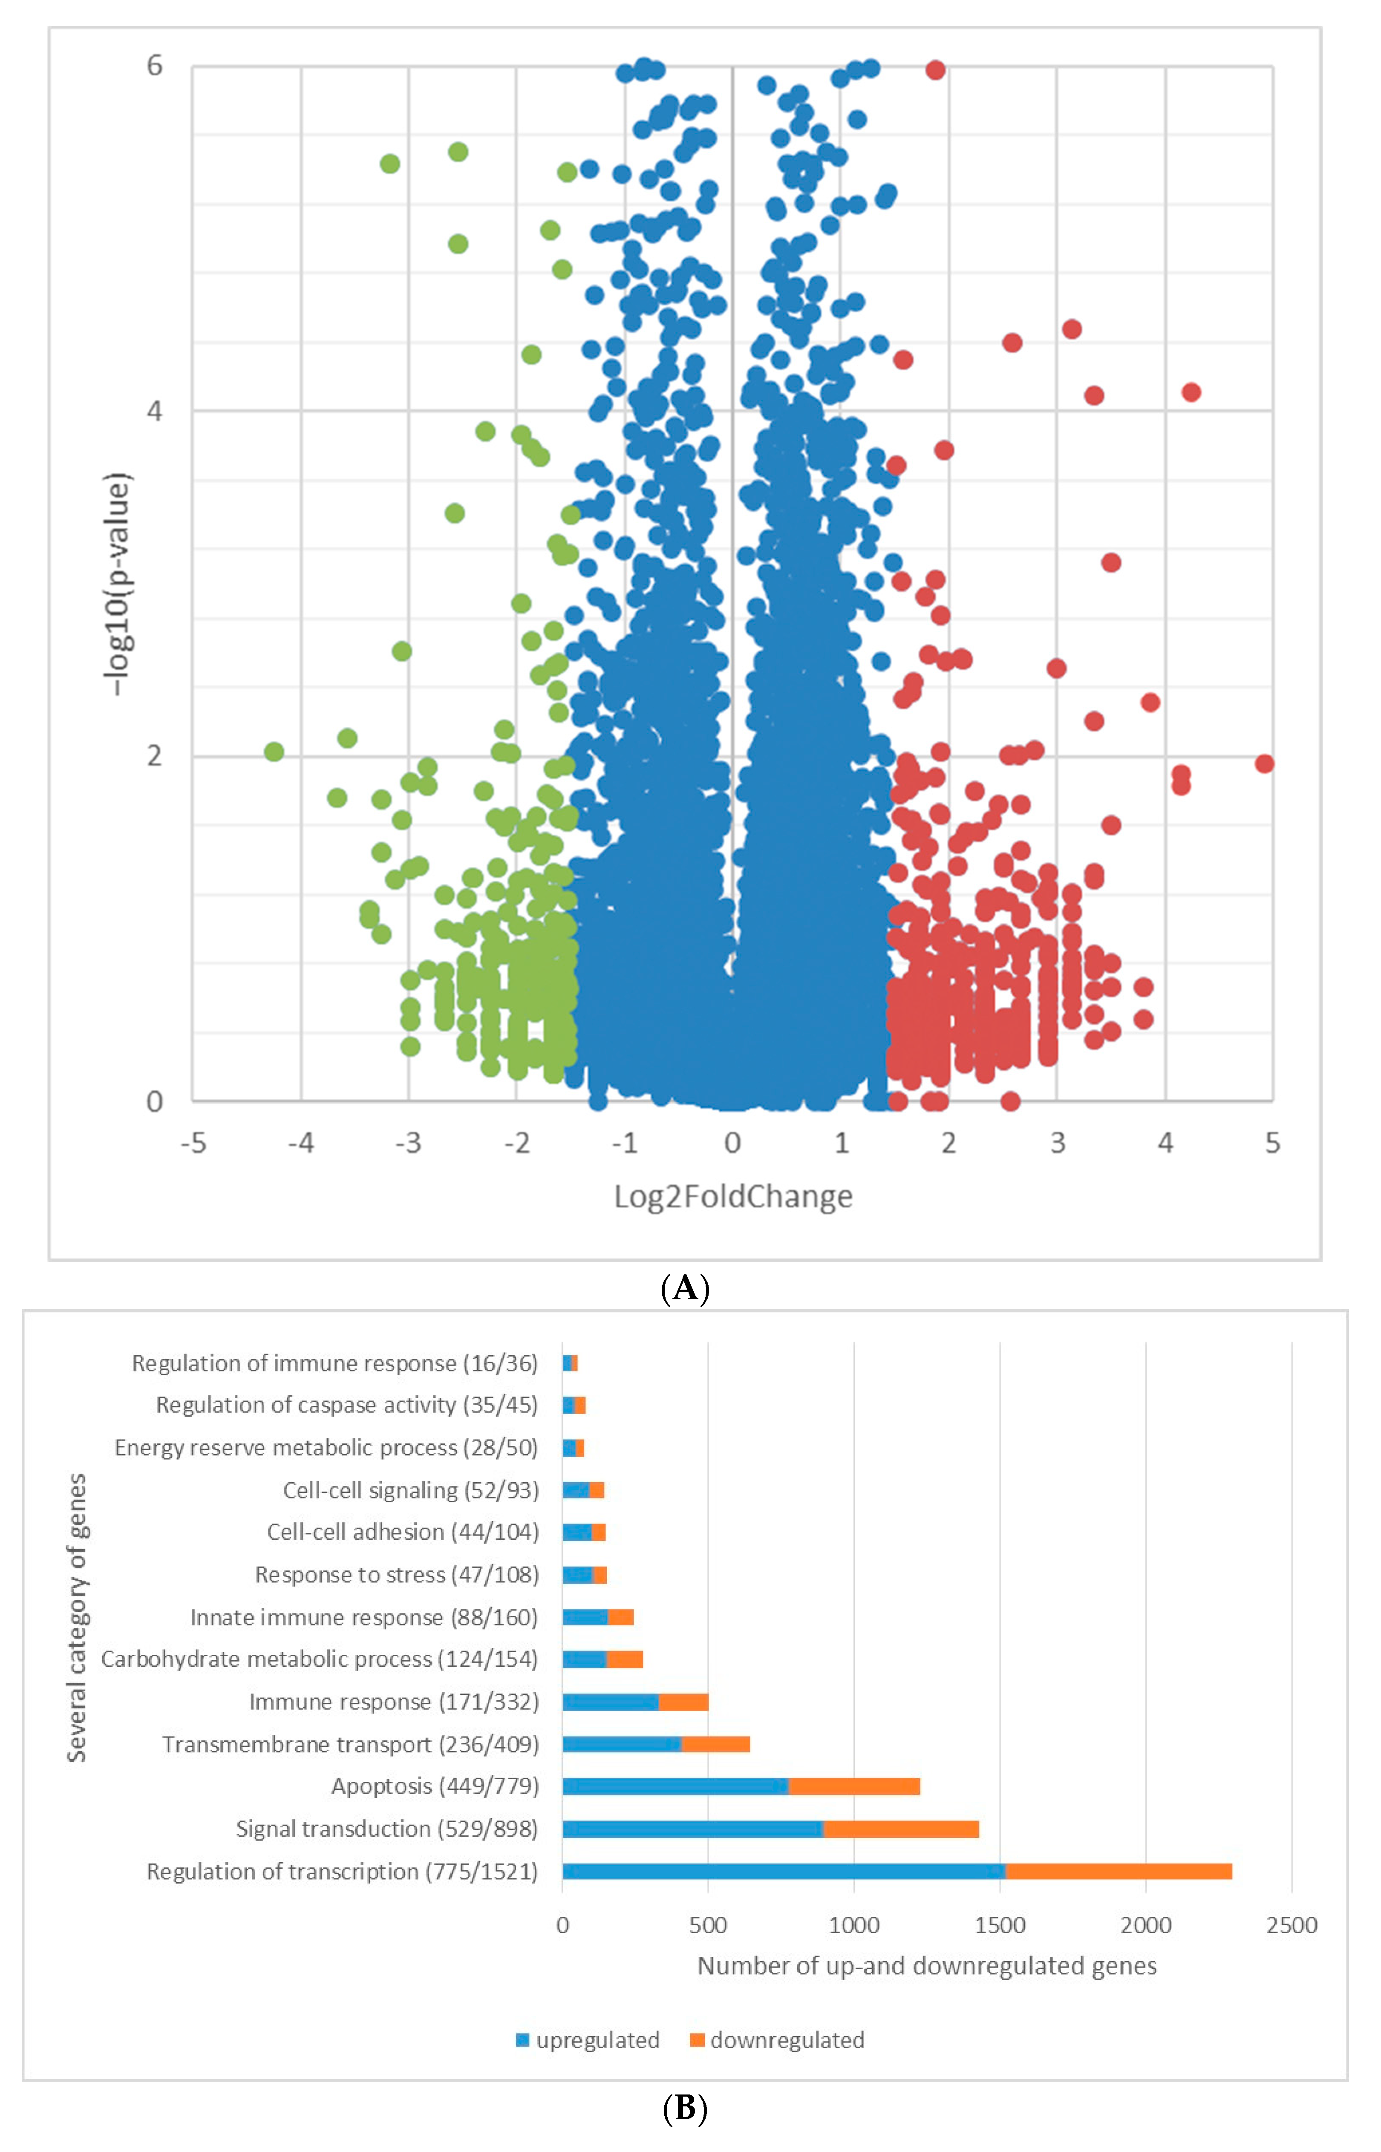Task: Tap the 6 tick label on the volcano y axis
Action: pyautogui.click(x=155, y=66)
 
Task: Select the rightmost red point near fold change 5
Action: pyautogui.click(x=1264, y=764)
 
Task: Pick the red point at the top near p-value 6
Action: pyautogui.click(x=935, y=70)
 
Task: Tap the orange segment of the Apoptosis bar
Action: pyautogui.click(x=854, y=1786)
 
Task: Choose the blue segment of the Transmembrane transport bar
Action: pyautogui.click(x=621, y=1744)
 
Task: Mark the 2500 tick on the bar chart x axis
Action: pyautogui.click(x=1292, y=1925)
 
